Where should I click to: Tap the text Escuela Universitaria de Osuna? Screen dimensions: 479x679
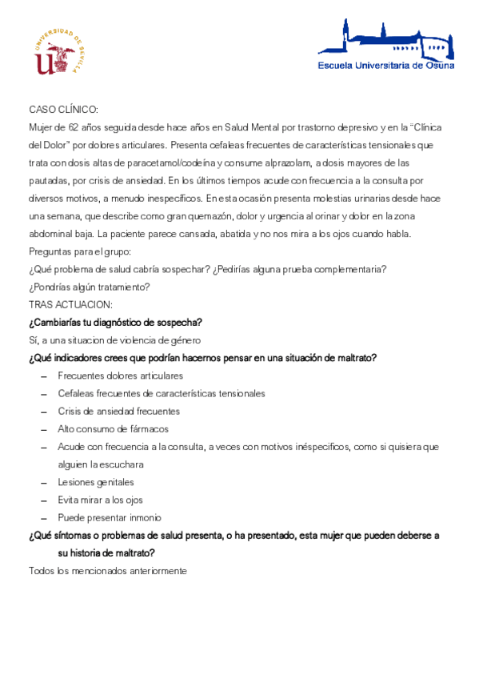pyautogui.click(x=385, y=66)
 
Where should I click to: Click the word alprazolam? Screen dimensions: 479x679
pyautogui.click(x=281, y=163)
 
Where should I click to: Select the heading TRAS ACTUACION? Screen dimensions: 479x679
pyautogui.click(x=70, y=305)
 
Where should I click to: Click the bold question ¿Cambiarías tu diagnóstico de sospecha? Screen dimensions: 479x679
pyautogui.click(x=115, y=323)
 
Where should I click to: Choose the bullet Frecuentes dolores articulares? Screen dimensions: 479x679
pyautogui.click(x=121, y=376)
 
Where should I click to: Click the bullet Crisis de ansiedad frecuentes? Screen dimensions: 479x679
pyautogui.click(x=119, y=411)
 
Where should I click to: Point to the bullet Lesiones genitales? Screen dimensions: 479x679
pyautogui.click(x=96, y=482)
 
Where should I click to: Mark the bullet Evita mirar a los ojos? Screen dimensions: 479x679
pyautogui.click(x=101, y=500)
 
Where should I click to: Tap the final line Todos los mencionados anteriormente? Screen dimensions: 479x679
pyautogui.click(x=107, y=571)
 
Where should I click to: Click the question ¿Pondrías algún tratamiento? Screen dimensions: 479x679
pyautogui.click(x=90, y=287)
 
